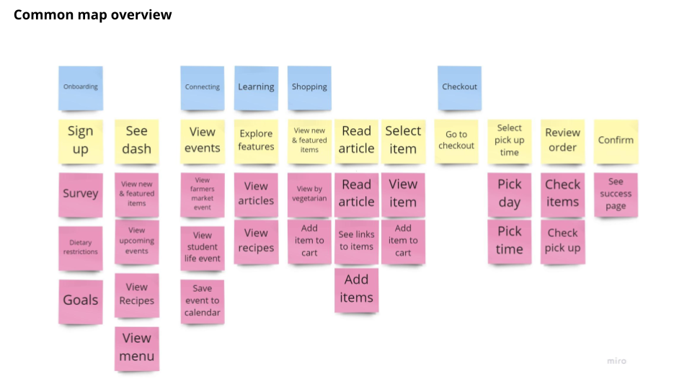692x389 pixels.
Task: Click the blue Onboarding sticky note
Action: pyautogui.click(x=80, y=88)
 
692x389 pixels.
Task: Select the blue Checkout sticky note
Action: pyautogui.click(x=459, y=88)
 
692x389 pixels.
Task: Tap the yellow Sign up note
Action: pyautogui.click(x=80, y=140)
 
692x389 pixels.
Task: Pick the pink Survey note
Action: pyautogui.click(x=80, y=194)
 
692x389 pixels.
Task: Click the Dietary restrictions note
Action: pyautogui.click(x=80, y=248)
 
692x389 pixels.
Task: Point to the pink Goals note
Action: pyautogui.click(x=80, y=300)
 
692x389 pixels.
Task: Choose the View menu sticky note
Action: pyautogui.click(x=136, y=347)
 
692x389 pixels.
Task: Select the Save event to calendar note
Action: pyautogui.click(x=202, y=300)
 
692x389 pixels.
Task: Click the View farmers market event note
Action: pyautogui.click(x=202, y=194)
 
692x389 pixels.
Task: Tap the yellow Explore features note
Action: pyautogui.click(x=256, y=140)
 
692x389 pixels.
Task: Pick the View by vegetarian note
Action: pyautogui.click(x=309, y=194)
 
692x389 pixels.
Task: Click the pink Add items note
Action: pyautogui.click(x=356, y=289)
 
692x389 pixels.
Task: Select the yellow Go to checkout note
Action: pyautogui.click(x=456, y=140)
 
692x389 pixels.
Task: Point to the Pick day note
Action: pyautogui.click(x=509, y=194)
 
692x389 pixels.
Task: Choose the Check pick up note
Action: pyautogui.click(x=562, y=241)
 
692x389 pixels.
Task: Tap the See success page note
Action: pyautogui.click(x=616, y=194)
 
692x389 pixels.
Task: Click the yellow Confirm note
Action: pyautogui.click(x=616, y=140)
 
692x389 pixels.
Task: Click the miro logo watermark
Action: pyautogui.click(x=616, y=361)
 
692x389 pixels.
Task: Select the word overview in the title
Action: pyautogui.click(x=141, y=14)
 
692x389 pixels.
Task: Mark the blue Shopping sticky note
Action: pyautogui.click(x=309, y=88)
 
